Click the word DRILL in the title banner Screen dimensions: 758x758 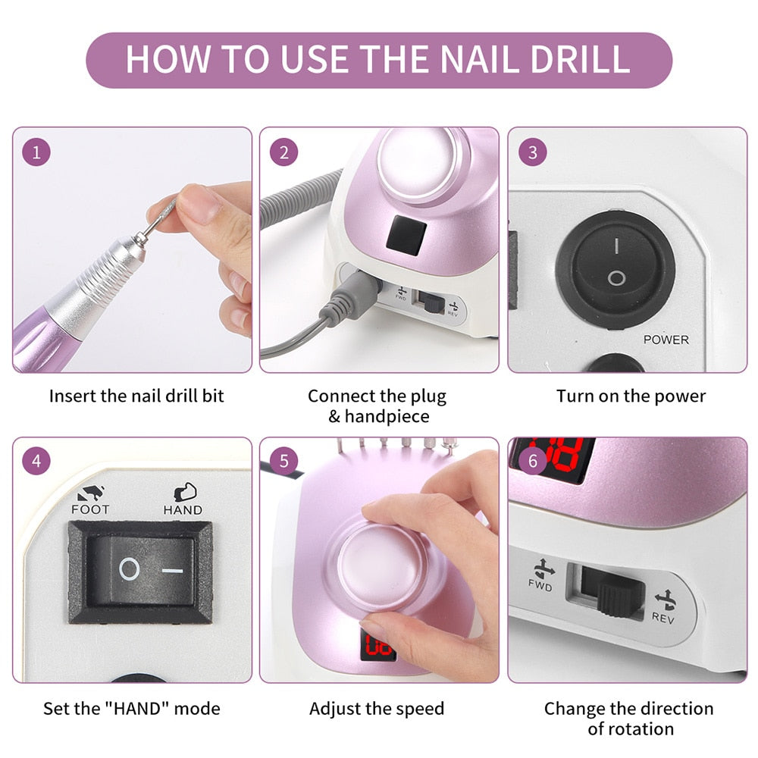tap(580, 58)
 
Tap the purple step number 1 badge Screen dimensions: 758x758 tap(36, 153)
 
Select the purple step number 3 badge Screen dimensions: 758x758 tap(533, 153)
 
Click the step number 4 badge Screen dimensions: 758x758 tap(36, 461)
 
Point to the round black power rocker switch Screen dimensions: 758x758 tap(615, 270)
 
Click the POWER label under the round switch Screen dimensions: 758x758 tap(666, 340)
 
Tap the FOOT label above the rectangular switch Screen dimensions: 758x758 tap(90, 509)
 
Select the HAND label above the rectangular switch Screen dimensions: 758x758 tap(183, 510)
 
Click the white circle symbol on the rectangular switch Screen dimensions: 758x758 tap(130, 569)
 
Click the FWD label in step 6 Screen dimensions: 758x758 tap(540, 586)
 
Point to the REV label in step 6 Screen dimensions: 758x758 tap(662, 617)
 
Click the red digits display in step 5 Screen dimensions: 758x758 tap(377, 644)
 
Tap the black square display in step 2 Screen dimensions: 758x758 tap(406, 236)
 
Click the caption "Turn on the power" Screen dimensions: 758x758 tap(631, 396)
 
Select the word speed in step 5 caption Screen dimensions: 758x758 tap(419, 709)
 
